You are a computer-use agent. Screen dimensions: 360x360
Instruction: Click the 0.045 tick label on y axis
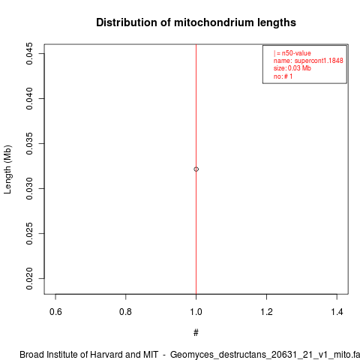tap(29, 53)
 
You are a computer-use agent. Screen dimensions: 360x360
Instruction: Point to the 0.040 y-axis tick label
tap(29, 98)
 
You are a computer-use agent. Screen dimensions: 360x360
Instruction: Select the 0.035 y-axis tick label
tap(29, 143)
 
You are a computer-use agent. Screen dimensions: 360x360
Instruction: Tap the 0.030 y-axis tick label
tap(29, 188)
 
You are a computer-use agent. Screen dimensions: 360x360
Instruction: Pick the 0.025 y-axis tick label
tap(29, 233)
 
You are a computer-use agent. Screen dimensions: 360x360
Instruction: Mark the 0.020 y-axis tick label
tap(29, 278)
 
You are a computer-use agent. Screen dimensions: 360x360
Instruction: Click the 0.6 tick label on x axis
tap(55, 312)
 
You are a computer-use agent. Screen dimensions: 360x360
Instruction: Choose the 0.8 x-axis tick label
tap(125, 312)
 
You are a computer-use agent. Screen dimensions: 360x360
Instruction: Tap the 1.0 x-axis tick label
tap(196, 312)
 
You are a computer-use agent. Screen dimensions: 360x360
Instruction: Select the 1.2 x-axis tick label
tap(266, 312)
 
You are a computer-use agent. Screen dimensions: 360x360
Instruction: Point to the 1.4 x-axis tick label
tap(337, 312)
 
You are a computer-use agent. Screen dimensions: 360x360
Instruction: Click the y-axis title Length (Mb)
tap(8, 169)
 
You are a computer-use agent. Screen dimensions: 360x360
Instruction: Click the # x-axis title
tap(196, 333)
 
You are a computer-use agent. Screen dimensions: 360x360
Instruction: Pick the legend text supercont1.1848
tap(319, 61)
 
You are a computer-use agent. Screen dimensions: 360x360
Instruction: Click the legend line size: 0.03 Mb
tap(292, 68)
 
